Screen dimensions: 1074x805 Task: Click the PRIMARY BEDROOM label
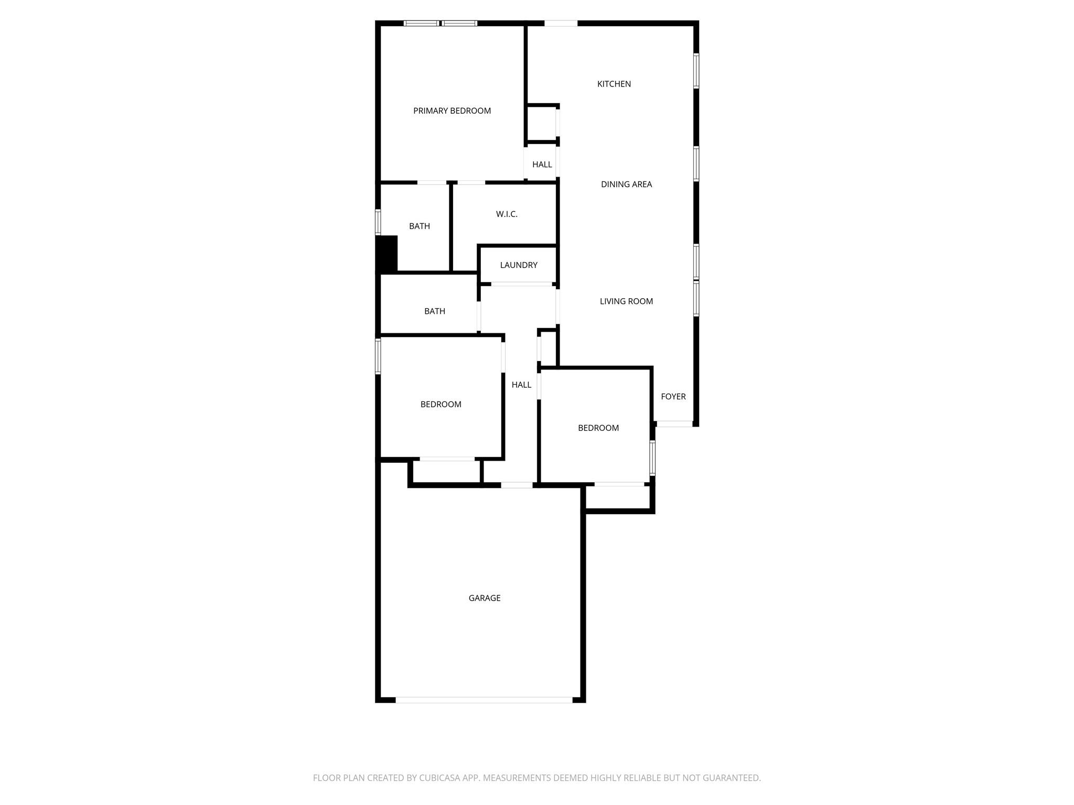tap(452, 111)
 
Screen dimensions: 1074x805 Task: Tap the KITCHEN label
tap(614, 84)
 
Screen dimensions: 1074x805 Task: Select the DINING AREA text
tap(627, 184)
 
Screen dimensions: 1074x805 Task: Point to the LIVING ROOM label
tap(627, 301)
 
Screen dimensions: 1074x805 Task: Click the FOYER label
tap(673, 397)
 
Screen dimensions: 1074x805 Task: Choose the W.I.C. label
tap(507, 214)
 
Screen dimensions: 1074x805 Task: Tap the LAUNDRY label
tap(519, 265)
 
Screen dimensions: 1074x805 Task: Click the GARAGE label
tap(485, 598)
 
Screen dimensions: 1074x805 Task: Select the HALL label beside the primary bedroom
tap(542, 165)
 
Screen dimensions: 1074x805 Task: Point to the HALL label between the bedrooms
tap(522, 385)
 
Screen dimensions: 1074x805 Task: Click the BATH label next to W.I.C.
tap(420, 226)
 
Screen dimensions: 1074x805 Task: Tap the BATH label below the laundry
tap(435, 311)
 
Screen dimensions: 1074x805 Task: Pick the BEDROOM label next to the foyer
tap(598, 428)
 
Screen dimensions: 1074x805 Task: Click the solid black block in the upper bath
tap(387, 254)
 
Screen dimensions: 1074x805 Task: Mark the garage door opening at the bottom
tap(484, 700)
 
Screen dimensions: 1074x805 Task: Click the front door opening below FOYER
tap(675, 424)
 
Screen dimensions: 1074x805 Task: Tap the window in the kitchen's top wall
tap(561, 23)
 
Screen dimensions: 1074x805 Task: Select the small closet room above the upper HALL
tap(542, 124)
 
